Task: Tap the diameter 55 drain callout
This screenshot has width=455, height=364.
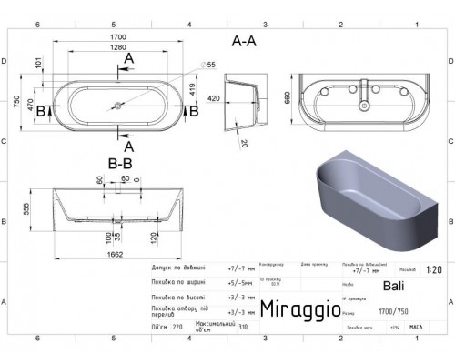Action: point(209,66)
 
